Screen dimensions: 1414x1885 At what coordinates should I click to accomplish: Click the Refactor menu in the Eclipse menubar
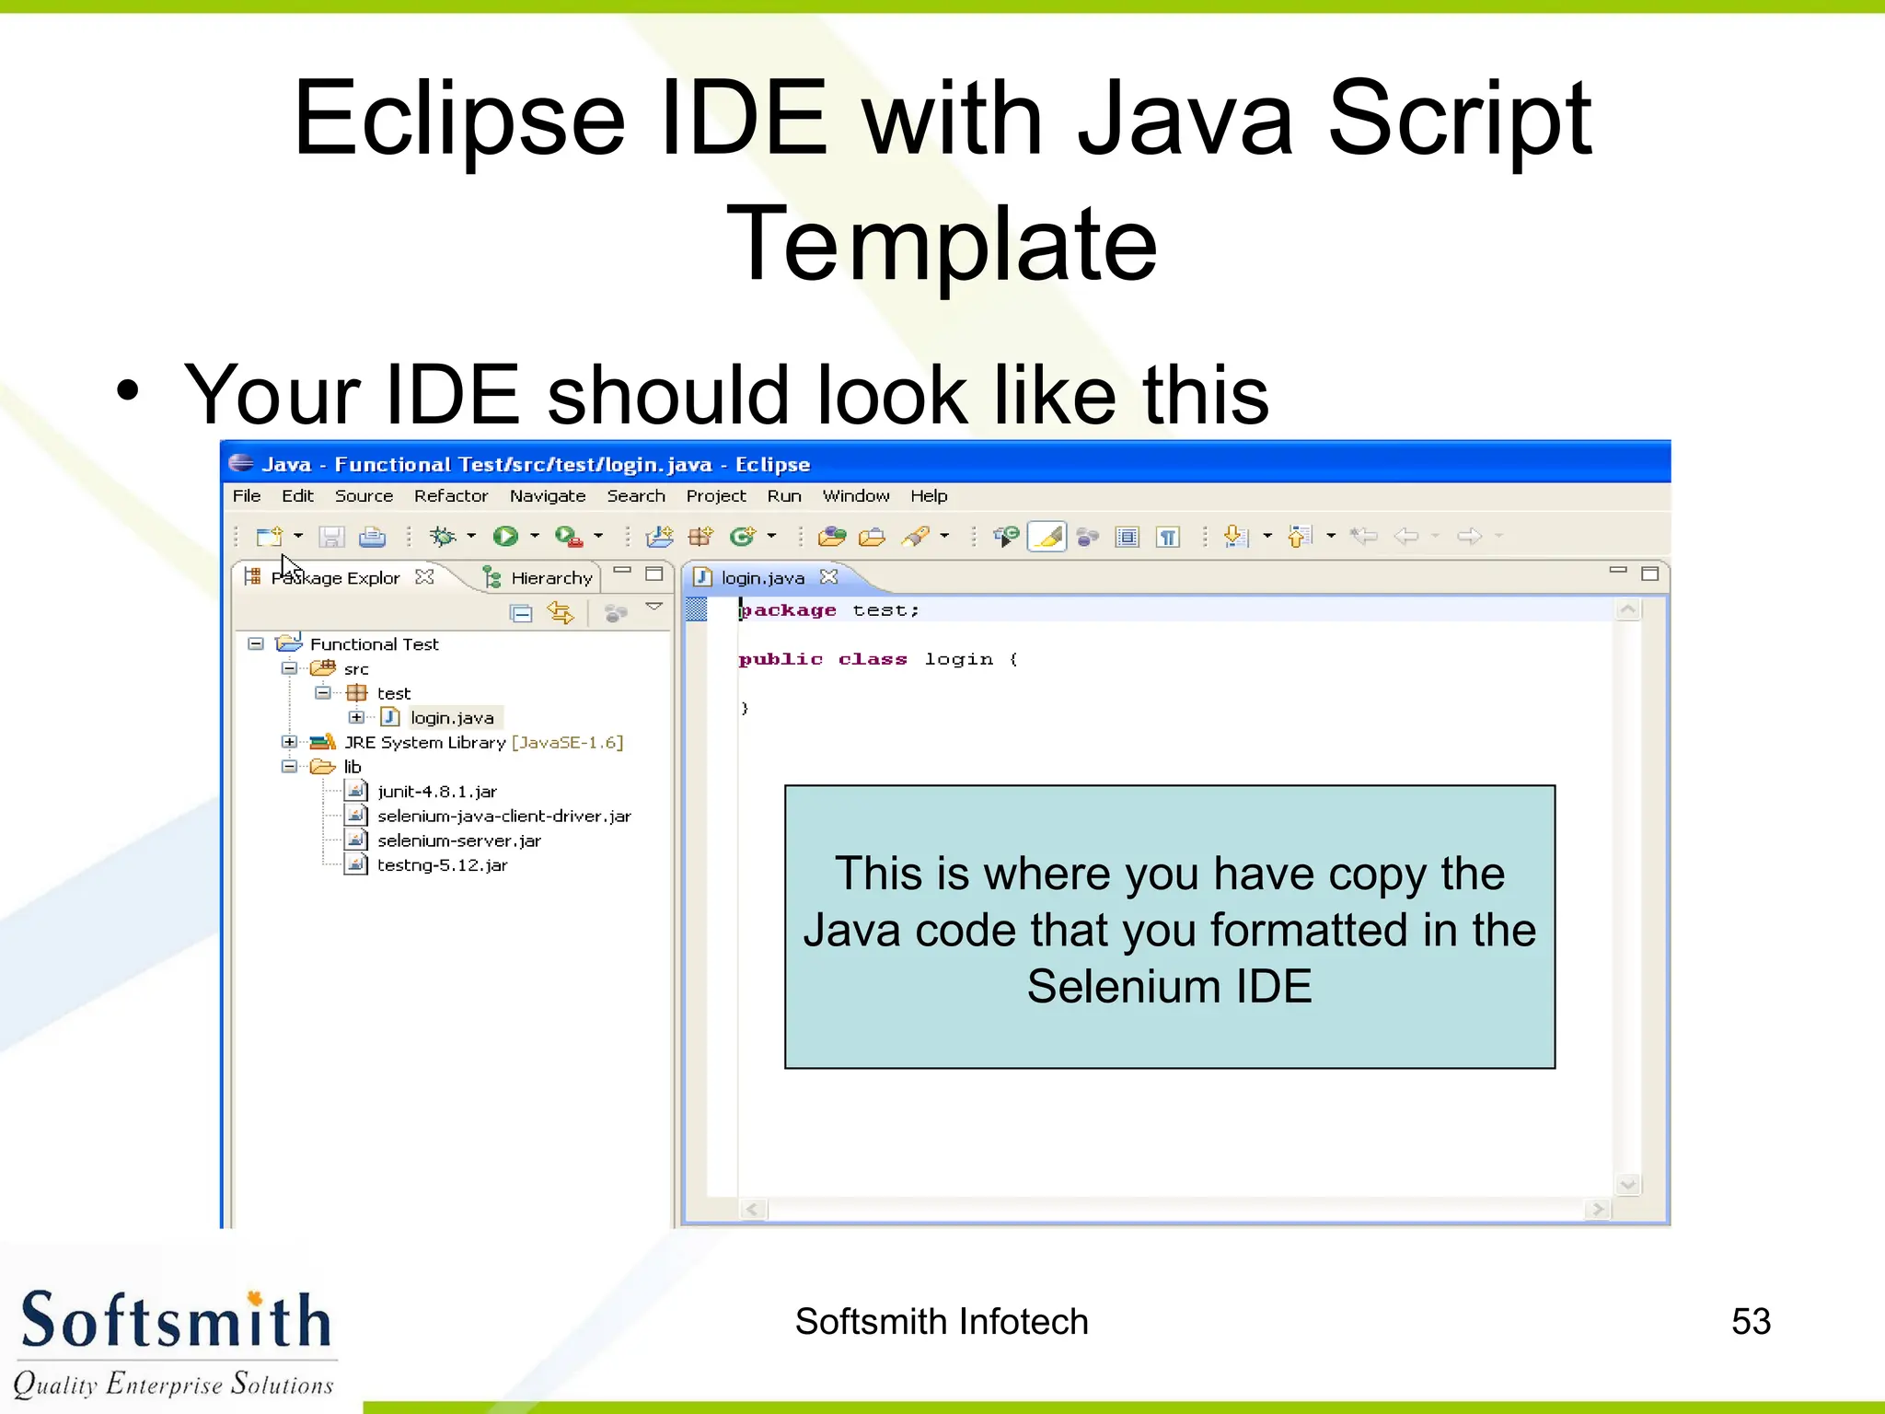click(x=450, y=496)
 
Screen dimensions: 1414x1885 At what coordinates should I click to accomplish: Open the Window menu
click(x=855, y=496)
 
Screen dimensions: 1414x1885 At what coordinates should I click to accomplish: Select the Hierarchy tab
click(x=549, y=578)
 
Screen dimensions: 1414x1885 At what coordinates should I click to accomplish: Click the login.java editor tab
click(x=762, y=578)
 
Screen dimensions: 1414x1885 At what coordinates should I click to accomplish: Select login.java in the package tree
click(x=451, y=718)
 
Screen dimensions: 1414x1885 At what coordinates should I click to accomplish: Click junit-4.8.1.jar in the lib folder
click(x=436, y=792)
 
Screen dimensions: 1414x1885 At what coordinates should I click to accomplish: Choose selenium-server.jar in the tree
click(x=458, y=840)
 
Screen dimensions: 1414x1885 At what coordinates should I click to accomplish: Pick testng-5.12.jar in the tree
click(x=442, y=865)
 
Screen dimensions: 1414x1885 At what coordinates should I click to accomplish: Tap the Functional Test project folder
click(x=374, y=644)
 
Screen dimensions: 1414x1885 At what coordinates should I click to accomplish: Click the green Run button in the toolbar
click(x=504, y=536)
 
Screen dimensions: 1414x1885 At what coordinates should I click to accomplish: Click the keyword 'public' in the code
click(x=780, y=659)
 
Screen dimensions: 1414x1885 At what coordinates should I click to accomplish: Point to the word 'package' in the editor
click(x=789, y=610)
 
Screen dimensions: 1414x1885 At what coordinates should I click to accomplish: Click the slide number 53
click(x=1751, y=1322)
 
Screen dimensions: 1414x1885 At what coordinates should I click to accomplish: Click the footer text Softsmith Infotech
click(x=941, y=1322)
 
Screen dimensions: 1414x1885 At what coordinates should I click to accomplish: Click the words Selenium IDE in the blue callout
click(x=1169, y=987)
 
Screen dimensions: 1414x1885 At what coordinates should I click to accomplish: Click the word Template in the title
click(x=941, y=244)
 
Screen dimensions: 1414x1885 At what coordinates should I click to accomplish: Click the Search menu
click(x=635, y=496)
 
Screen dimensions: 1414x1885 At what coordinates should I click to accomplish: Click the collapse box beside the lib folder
click(x=289, y=767)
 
